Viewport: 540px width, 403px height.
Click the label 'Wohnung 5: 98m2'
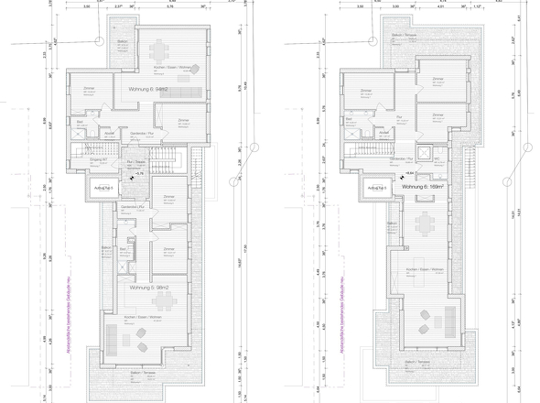click(x=150, y=288)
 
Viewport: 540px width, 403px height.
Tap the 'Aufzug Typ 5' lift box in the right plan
click(x=375, y=190)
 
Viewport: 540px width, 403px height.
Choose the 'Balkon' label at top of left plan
click(x=122, y=42)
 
